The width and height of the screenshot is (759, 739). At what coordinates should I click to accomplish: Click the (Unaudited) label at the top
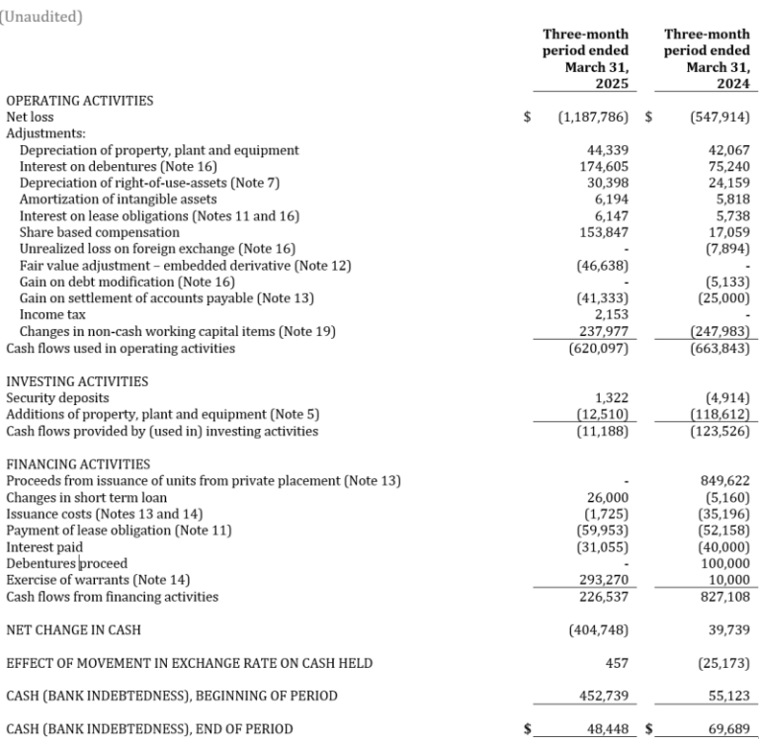click(x=42, y=16)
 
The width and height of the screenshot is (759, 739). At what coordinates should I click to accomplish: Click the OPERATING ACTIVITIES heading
click(x=79, y=101)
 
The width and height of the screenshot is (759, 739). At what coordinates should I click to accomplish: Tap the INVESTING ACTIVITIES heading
click(x=77, y=381)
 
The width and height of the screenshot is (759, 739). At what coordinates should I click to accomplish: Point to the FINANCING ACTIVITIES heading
click(x=78, y=464)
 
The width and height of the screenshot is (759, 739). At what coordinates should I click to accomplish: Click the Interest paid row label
click(x=44, y=547)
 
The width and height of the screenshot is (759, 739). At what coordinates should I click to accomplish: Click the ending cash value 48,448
click(x=607, y=729)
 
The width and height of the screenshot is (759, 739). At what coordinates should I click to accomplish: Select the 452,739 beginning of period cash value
click(x=604, y=697)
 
